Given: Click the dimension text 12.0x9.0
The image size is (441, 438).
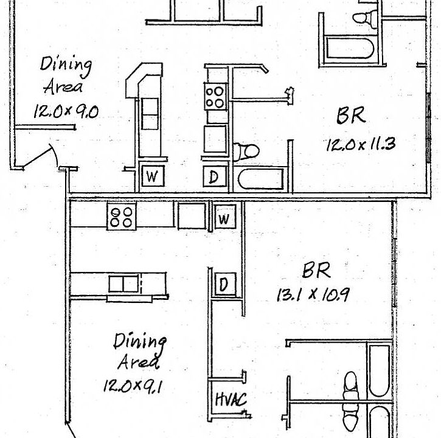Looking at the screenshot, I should pyautogui.click(x=66, y=112).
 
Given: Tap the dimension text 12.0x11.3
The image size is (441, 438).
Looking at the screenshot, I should pyautogui.click(x=356, y=145).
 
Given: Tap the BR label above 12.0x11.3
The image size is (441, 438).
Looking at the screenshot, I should pyautogui.click(x=351, y=115).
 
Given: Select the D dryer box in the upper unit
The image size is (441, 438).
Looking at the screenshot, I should pyautogui.click(x=214, y=177).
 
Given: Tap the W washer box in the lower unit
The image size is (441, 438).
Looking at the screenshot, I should pyautogui.click(x=224, y=218).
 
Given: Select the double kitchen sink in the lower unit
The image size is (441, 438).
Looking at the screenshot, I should pyautogui.click(x=124, y=283).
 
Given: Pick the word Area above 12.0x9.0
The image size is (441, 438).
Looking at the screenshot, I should pyautogui.click(x=63, y=86).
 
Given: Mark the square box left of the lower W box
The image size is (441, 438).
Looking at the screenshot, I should pyautogui.click(x=191, y=216).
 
